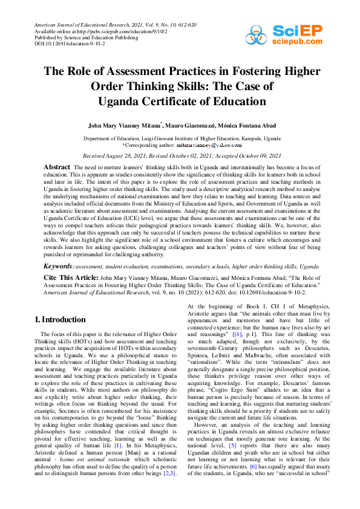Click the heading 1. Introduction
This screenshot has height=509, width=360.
tap(61, 319)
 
